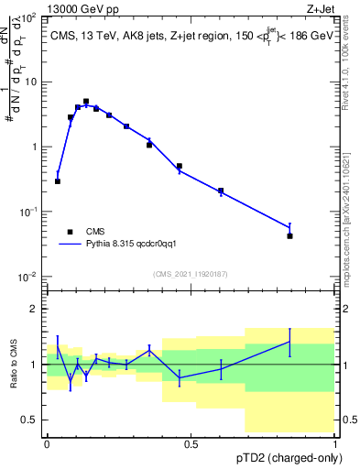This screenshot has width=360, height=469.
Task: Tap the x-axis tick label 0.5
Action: [191, 444]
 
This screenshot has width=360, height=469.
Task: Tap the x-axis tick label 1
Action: [335, 444]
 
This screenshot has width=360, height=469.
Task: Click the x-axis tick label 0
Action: [47, 444]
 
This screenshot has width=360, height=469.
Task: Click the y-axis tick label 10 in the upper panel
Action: [33, 82]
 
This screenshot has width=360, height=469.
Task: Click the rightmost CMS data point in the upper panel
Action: [289, 236]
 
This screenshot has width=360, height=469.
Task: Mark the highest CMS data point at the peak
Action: [86, 102]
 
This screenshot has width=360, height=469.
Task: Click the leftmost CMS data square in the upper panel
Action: [58, 181]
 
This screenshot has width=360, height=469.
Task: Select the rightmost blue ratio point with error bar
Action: [289, 342]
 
